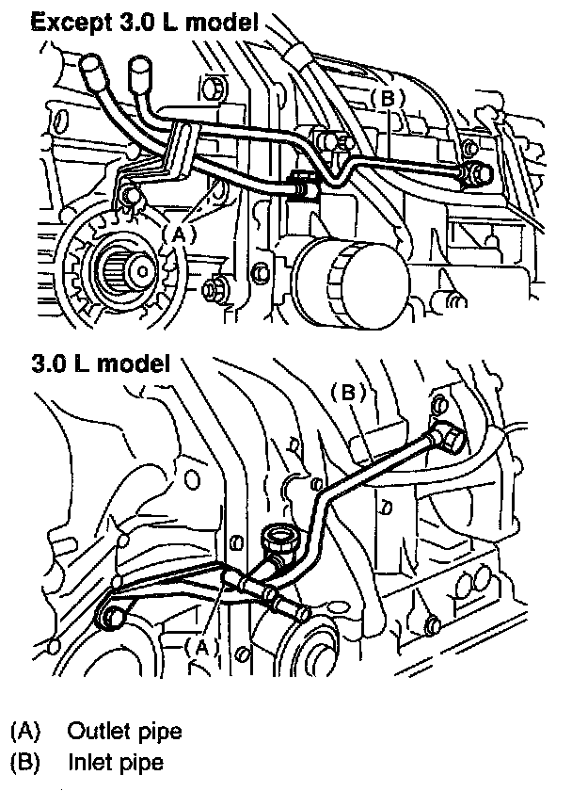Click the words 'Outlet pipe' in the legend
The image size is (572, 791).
[124, 731]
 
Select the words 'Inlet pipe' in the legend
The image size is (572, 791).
[116, 760]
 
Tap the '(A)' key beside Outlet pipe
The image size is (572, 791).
[27, 731]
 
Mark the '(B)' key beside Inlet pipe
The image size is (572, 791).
[27, 760]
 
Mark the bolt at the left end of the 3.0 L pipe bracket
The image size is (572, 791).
[111, 617]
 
